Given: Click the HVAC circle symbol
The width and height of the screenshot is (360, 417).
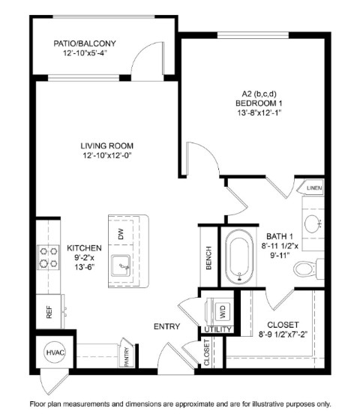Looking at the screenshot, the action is tap(55, 352).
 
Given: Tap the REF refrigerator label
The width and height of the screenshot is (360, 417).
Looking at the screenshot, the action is tap(49, 312).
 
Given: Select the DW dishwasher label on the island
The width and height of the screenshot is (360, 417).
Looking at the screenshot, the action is tap(121, 234).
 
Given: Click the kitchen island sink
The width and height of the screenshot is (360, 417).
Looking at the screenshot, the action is tap(121, 266).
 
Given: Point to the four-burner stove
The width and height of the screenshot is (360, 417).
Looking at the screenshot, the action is tap(49, 257).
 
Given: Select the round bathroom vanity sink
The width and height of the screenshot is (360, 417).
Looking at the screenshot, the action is tap(313, 224).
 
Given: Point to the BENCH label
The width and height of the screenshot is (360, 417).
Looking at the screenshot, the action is tap(208, 258).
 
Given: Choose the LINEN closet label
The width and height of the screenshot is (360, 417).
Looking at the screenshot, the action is tap(314, 188).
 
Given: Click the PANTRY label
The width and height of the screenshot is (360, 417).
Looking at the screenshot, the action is tap(127, 357).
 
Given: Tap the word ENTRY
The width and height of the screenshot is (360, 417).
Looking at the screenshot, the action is tap(167, 326).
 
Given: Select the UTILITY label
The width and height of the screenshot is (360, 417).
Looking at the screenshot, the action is tap(217, 329).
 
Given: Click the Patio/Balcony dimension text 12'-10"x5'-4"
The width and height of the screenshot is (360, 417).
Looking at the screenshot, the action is tap(85, 52).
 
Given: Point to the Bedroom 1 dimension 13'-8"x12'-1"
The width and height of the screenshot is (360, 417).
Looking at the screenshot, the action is tap(259, 112).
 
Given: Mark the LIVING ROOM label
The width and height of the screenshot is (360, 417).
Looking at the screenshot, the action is tap(107, 145).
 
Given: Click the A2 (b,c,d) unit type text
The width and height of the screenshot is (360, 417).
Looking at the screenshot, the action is tap(259, 94).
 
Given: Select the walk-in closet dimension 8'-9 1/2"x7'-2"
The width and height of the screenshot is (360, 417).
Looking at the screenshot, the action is tap(283, 334).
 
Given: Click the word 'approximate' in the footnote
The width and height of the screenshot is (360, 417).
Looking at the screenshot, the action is tap(195, 404).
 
